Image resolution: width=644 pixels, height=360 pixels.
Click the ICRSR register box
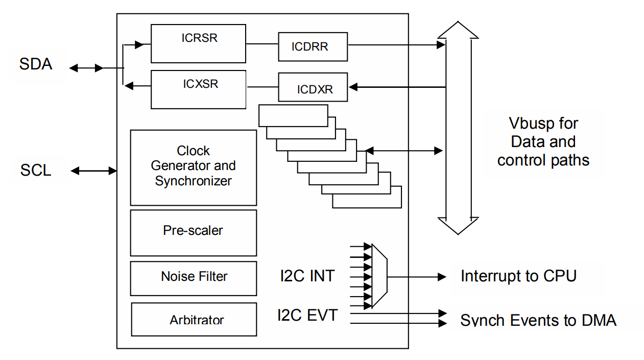[198, 43]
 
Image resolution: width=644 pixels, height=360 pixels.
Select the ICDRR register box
[313, 46]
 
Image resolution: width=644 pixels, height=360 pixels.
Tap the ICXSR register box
[198, 89]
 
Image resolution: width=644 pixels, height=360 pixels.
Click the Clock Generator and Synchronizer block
[193, 167]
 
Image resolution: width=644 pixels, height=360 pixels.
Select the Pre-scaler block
[193, 232]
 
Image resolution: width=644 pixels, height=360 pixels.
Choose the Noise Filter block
[193, 278]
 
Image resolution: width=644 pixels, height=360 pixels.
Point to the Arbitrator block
[194, 320]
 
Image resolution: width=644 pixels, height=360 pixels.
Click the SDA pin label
[36, 65]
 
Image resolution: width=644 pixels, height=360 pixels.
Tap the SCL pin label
[36, 170]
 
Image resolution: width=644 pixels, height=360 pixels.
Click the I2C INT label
[307, 276]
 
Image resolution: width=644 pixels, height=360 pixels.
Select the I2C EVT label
[307, 315]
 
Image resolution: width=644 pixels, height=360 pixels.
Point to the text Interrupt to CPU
[518, 276]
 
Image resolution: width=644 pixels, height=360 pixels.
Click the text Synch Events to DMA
[538, 320]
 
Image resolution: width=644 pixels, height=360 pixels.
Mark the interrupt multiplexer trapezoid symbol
[379, 276]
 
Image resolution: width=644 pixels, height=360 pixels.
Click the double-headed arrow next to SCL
[94, 171]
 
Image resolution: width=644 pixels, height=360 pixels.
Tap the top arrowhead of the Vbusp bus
[458, 30]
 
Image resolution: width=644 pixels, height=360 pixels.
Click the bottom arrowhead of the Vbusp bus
[458, 225]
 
